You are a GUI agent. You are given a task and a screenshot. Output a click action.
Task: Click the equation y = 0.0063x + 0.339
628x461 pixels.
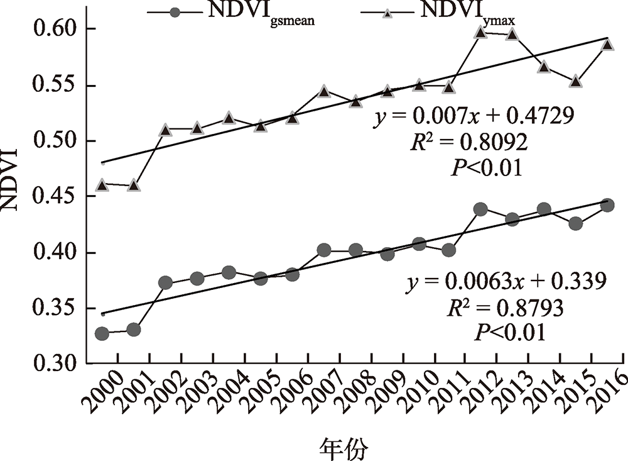click(506, 281)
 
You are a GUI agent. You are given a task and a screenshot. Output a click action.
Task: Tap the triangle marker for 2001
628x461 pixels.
click(134, 186)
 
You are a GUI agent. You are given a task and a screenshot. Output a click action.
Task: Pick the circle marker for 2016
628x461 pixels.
click(607, 204)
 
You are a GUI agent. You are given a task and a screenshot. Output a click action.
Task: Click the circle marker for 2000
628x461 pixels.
click(102, 333)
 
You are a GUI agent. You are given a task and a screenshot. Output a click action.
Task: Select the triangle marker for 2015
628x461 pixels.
click(576, 81)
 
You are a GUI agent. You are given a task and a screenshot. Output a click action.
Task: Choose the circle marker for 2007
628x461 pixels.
click(323, 250)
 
